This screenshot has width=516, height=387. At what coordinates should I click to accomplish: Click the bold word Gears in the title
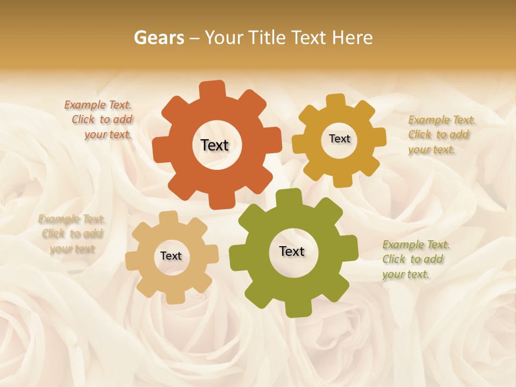tap(159, 38)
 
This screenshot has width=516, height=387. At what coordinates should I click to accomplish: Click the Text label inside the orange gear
tap(214, 145)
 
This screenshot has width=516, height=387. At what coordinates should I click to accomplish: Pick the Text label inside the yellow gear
tap(339, 139)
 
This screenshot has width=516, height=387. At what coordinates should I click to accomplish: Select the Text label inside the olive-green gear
tap(292, 252)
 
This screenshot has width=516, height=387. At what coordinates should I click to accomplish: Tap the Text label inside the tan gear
tap(171, 256)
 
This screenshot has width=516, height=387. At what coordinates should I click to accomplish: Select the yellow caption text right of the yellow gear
tap(441, 134)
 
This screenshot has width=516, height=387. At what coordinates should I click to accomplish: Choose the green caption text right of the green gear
tap(415, 259)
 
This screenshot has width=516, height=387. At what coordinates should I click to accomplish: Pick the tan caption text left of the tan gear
tap(71, 234)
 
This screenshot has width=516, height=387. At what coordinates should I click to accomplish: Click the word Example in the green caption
tap(403, 245)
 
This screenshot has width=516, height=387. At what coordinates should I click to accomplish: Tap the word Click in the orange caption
tap(83, 120)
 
